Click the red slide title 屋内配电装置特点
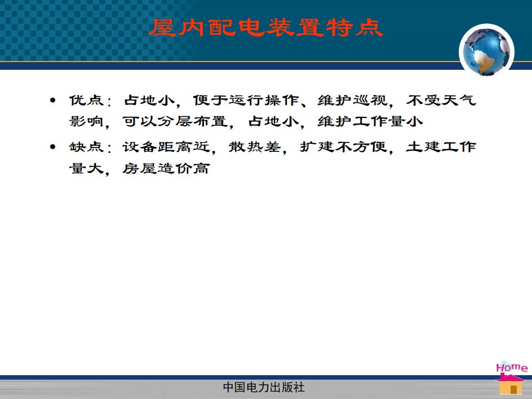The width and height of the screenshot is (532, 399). pyautogui.click(x=267, y=28)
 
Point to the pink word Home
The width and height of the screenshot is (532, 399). pyautogui.click(x=511, y=367)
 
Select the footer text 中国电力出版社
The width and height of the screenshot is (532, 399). pyautogui.click(x=264, y=387)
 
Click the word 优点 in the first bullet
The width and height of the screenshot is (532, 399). pyautogui.click(x=86, y=100)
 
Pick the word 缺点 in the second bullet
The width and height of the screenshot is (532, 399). pyautogui.click(x=86, y=147)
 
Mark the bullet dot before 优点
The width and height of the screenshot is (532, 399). pyautogui.click(x=53, y=100)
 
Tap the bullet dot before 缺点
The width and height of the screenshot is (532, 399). pyautogui.click(x=53, y=147)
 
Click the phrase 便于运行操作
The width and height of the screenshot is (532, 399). pyautogui.click(x=246, y=100)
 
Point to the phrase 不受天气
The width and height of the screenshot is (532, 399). pyautogui.click(x=441, y=100)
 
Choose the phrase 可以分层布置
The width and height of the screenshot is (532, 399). pyautogui.click(x=175, y=121)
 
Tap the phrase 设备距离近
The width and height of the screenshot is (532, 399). pyautogui.click(x=166, y=147)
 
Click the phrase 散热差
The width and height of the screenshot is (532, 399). pyautogui.click(x=255, y=147)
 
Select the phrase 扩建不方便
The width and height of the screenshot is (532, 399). pyautogui.click(x=344, y=147)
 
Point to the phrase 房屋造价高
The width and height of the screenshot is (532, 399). pyautogui.click(x=166, y=168)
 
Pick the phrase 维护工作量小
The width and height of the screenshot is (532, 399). pyautogui.click(x=370, y=121)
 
